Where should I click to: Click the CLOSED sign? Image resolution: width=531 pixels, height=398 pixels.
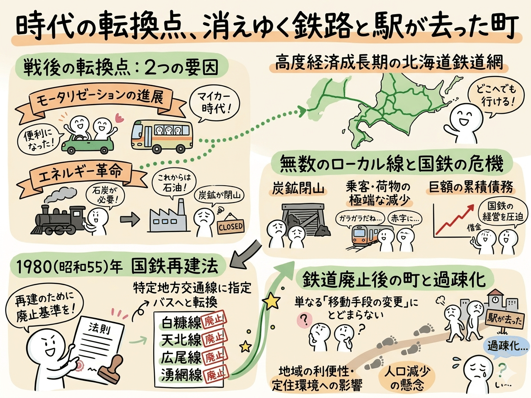pyautogui.click(x=230, y=227)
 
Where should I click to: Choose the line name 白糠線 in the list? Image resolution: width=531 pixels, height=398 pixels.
pyautogui.click(x=176, y=321)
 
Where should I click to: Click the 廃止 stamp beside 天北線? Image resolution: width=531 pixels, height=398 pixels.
pyautogui.click(x=213, y=339)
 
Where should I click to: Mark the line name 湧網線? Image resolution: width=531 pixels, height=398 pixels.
pyautogui.click(x=176, y=374)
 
